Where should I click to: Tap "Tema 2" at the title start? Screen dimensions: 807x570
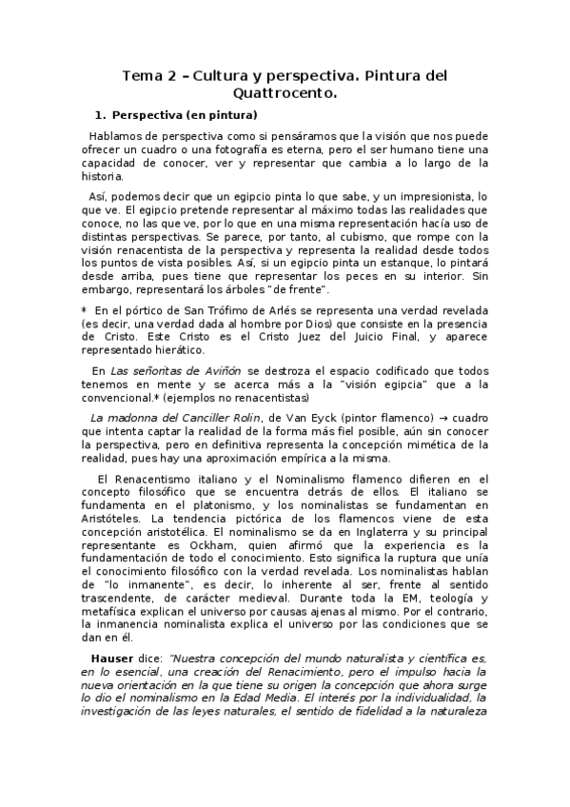[x=150, y=75]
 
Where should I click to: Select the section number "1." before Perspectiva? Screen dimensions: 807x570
[x=102, y=116]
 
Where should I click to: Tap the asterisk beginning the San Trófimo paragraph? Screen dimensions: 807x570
[x=84, y=311]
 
